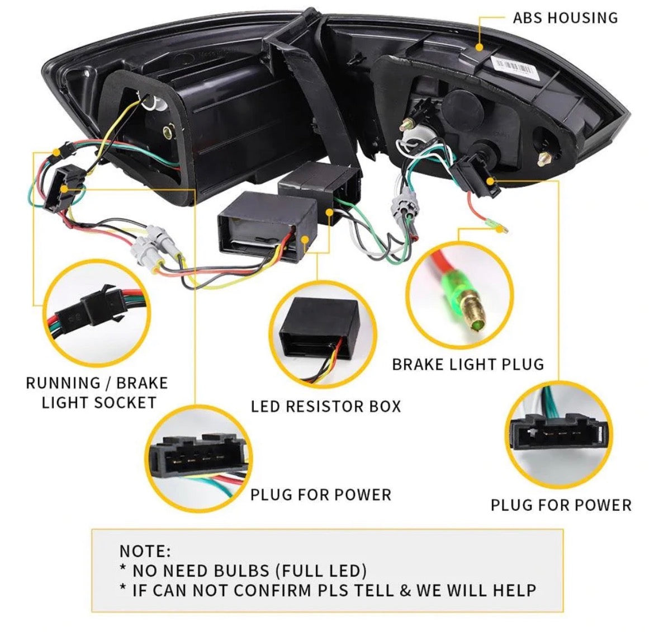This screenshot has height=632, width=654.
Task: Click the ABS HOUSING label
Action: (565, 18)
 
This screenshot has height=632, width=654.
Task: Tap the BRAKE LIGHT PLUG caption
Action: (468, 365)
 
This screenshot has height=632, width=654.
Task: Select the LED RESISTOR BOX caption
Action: (326, 406)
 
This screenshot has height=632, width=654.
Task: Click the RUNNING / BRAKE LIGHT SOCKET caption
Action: (97, 393)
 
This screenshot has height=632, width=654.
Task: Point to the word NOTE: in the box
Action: (145, 551)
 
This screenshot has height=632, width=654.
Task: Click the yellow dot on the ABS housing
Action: (479, 47)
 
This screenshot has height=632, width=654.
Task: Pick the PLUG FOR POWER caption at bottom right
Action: (561, 505)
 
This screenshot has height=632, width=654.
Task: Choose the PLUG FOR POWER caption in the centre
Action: (320, 495)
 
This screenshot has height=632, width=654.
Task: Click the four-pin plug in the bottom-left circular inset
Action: (196, 456)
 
